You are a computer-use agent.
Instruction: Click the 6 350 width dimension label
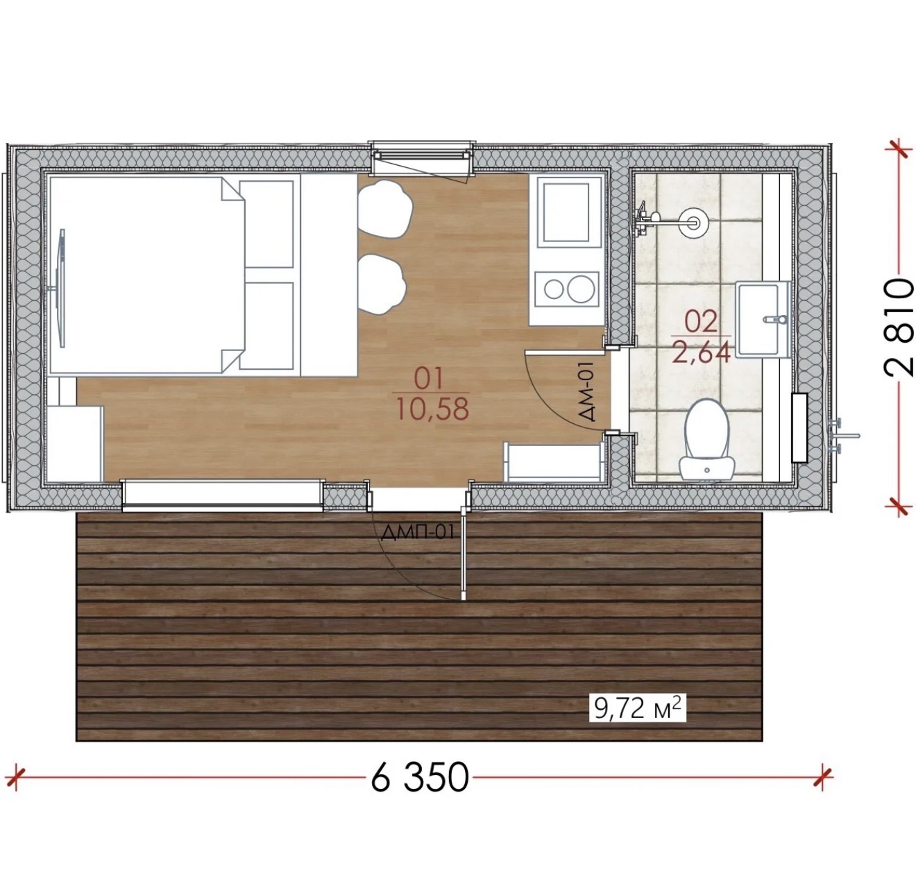[419, 777]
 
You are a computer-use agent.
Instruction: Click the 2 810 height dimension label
[899, 327]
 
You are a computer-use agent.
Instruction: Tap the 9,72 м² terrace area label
[637, 709]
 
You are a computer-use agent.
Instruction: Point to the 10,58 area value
[432, 409]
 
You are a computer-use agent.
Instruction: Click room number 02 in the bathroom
[701, 322]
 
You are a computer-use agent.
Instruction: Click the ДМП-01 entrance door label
[418, 532]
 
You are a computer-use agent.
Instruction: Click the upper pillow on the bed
[266, 224]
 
